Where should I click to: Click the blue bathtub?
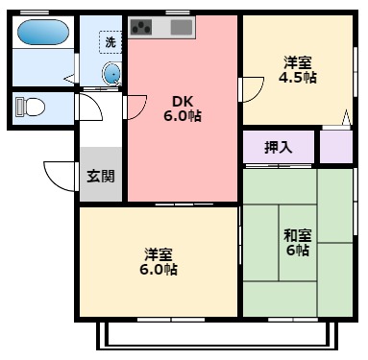point(43,35)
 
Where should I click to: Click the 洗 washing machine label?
point(110,42)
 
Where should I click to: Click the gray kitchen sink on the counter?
point(183,27)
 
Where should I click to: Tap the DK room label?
point(183,101)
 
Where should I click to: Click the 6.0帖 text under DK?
point(183,116)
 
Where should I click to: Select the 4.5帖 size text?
point(297,78)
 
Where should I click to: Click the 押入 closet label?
point(278,148)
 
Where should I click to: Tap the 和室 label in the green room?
point(297,235)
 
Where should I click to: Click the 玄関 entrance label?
point(100,176)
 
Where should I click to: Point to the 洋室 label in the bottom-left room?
point(159,254)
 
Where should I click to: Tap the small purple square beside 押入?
point(336,146)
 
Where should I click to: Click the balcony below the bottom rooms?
point(216,335)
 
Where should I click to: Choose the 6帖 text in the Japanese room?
point(297,251)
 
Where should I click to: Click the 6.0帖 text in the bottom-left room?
point(159,270)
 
